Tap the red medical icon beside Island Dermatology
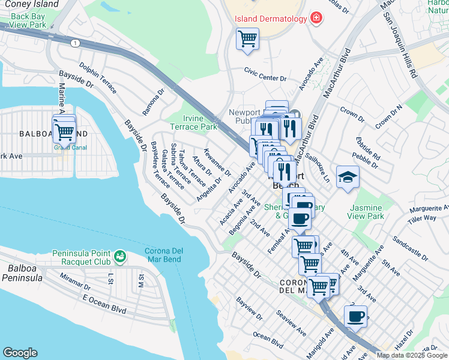316,19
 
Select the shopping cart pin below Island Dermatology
247,40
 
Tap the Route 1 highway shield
75,43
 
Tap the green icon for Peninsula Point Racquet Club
121,256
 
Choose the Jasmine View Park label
367,211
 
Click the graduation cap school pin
348,176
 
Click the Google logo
20,352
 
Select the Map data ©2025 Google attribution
412,355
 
